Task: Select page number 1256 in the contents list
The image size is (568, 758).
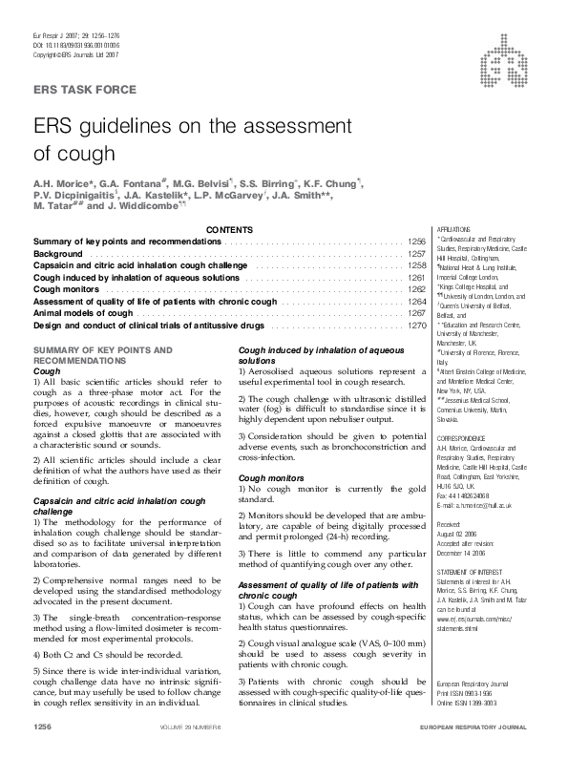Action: [x=415, y=242]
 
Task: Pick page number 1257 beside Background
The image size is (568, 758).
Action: [x=415, y=255]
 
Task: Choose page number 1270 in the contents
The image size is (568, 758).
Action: [x=415, y=326]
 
